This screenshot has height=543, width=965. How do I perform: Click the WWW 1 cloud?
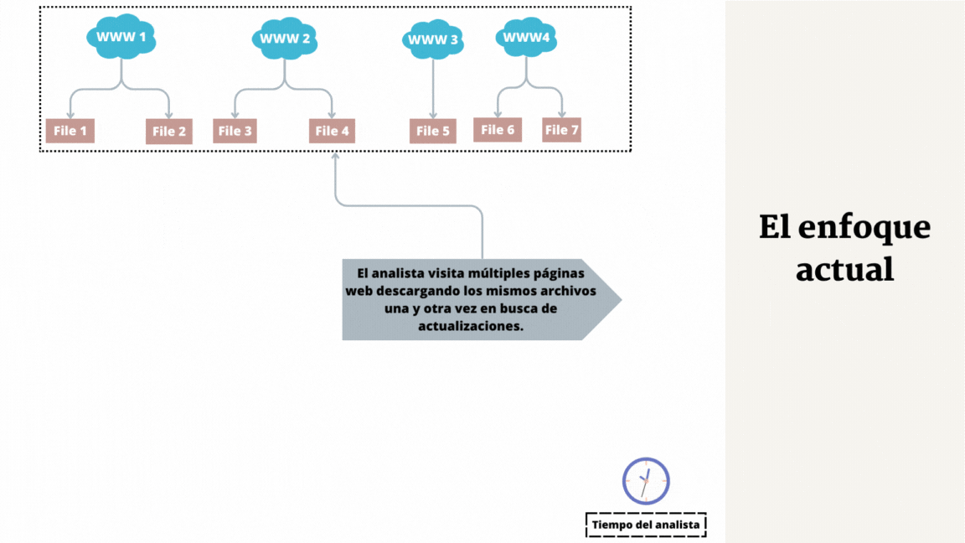(x=121, y=36)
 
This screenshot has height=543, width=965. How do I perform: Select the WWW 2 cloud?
(x=284, y=39)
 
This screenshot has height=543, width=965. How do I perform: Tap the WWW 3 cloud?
(x=432, y=39)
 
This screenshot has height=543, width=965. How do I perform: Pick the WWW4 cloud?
(x=526, y=37)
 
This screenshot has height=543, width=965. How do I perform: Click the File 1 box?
(x=70, y=131)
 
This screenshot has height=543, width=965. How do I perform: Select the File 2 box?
(x=169, y=131)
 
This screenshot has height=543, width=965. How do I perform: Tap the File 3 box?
(x=235, y=131)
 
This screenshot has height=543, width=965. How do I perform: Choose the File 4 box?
(x=333, y=131)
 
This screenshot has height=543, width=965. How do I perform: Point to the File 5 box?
(x=433, y=131)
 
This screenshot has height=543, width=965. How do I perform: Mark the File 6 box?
(x=498, y=130)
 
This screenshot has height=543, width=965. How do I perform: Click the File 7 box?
(x=561, y=130)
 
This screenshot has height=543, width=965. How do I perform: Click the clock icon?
(x=646, y=481)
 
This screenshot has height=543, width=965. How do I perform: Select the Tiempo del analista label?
(x=646, y=525)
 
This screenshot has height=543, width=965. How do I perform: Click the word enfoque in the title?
(x=864, y=229)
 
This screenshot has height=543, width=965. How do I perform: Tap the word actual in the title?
(x=845, y=269)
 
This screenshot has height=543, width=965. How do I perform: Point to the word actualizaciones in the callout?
(x=471, y=326)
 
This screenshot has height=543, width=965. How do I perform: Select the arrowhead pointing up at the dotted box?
(x=335, y=157)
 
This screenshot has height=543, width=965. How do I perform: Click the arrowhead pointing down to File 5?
(x=433, y=115)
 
